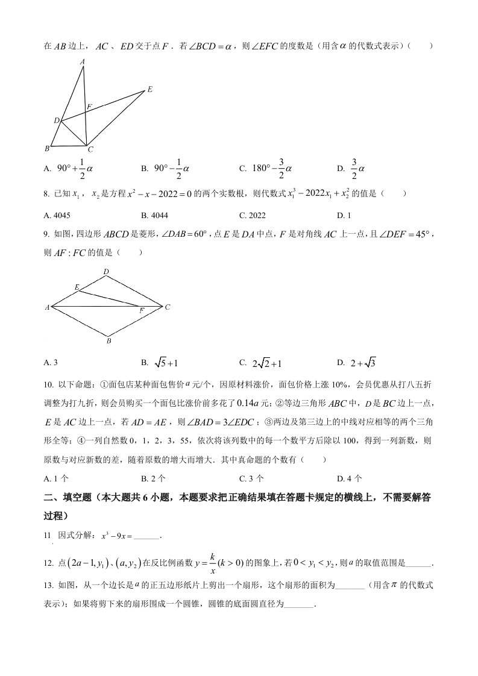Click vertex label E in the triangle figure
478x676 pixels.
[149, 90]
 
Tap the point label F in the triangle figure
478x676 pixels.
[89, 107]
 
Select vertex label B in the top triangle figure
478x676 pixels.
[47, 148]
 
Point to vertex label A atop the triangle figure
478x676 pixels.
[83, 61]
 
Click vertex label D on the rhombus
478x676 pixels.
[106, 272]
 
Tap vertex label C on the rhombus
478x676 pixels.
[168, 307]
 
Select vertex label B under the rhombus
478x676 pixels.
[108, 341]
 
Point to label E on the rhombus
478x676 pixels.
[77, 287]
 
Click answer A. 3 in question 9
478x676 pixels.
[51, 363]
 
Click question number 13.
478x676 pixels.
[49, 585]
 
